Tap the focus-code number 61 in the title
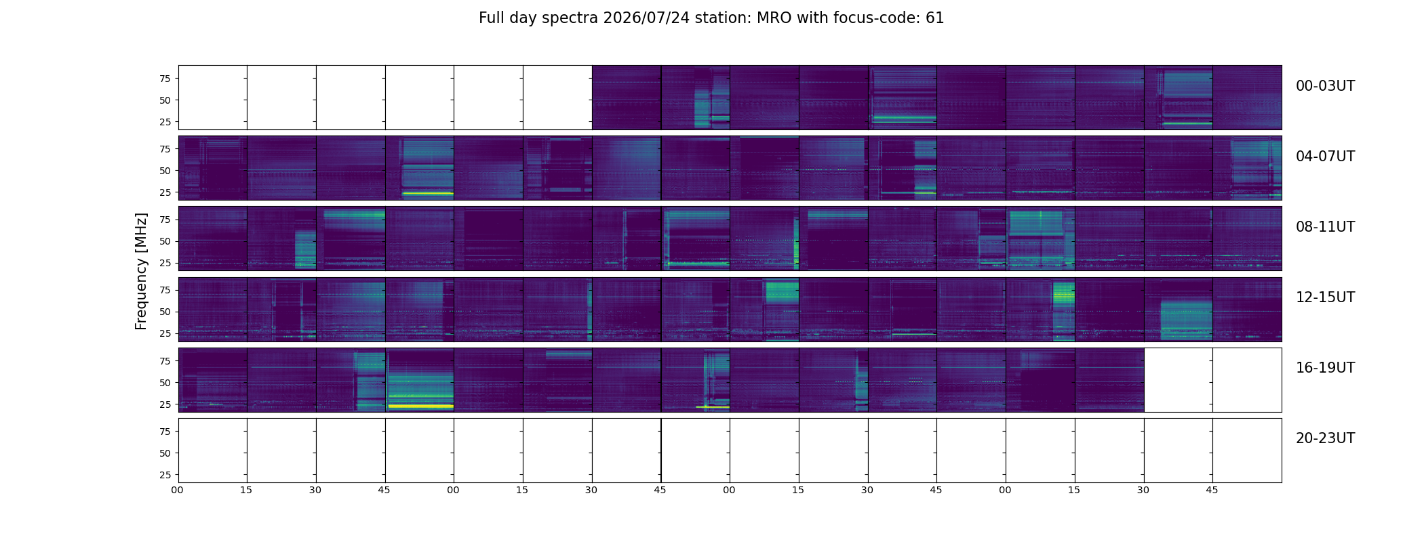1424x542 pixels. click(935, 18)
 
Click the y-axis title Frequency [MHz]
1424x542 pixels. click(141, 272)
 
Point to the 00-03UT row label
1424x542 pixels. click(1325, 86)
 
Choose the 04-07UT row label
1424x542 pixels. click(1325, 157)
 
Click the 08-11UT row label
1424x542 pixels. click(1325, 227)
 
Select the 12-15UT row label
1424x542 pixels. click(1325, 297)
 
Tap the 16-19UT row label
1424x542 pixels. click(1325, 368)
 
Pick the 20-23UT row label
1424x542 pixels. click(1325, 438)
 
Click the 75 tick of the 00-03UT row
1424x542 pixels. click(165, 79)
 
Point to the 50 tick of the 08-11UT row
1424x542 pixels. click(165, 241)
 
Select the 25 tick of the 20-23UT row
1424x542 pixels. click(165, 475)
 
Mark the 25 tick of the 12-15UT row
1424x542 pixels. click(165, 333)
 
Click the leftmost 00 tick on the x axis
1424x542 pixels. click(177, 490)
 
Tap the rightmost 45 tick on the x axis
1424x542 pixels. click(1212, 490)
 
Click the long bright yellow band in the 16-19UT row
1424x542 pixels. click(420, 406)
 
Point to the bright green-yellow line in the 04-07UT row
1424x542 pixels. click(427, 193)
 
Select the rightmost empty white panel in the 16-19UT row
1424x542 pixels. click(1247, 380)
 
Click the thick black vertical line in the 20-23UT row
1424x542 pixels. click(661, 451)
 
